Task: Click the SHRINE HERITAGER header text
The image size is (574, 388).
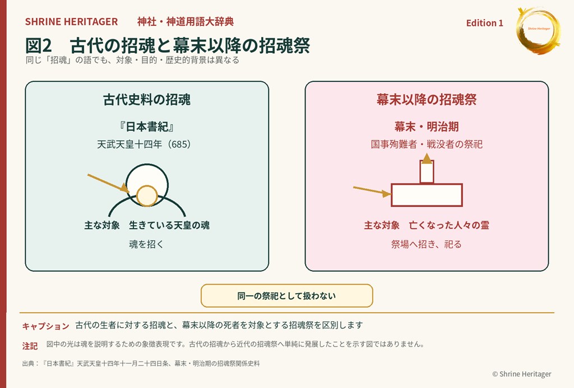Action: (x=71, y=22)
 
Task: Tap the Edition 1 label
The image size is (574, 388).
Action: (x=485, y=23)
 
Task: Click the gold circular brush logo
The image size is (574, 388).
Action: (x=538, y=30)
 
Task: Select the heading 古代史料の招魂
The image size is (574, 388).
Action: (x=147, y=99)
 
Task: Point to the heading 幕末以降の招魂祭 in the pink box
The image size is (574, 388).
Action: (x=427, y=99)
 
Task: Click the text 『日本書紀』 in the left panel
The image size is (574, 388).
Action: (x=146, y=127)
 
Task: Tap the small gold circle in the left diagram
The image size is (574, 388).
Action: (x=147, y=196)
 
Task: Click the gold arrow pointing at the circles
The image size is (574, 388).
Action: (x=108, y=184)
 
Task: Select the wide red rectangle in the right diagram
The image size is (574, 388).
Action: (x=427, y=195)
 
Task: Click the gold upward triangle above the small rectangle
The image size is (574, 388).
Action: (x=427, y=158)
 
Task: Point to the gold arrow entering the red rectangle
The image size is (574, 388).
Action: (x=372, y=191)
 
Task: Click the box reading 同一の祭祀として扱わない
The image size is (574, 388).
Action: (x=286, y=295)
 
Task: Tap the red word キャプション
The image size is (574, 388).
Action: (x=46, y=326)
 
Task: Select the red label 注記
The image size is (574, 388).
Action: (x=30, y=346)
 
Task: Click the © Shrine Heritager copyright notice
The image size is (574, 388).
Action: (x=522, y=374)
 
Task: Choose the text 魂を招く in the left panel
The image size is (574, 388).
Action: (x=146, y=244)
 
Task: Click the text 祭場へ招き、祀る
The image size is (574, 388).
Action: (x=427, y=244)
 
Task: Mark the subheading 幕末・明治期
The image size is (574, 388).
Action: (x=427, y=127)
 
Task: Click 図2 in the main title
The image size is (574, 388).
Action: (x=39, y=46)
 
